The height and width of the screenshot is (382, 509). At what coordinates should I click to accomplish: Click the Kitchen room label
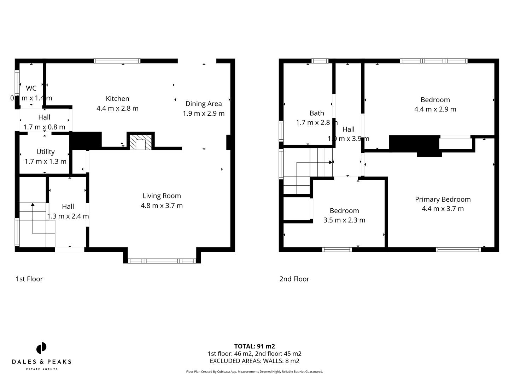(x=117, y=99)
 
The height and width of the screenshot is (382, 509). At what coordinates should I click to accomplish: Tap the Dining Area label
(x=204, y=104)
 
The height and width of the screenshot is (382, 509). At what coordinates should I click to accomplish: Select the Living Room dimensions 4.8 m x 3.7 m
(x=162, y=206)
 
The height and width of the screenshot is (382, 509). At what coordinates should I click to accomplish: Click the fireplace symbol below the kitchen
(x=141, y=142)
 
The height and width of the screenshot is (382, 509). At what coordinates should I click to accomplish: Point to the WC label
(x=31, y=88)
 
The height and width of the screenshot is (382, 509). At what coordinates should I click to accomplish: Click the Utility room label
(x=45, y=152)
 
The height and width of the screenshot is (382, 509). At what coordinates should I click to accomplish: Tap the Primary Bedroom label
(x=443, y=199)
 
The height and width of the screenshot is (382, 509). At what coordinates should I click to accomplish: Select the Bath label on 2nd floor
(x=317, y=113)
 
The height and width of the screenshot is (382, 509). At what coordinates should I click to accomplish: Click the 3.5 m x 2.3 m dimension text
(x=344, y=220)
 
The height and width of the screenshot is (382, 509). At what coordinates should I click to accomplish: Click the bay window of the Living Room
(x=162, y=261)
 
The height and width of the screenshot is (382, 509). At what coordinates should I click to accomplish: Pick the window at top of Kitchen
(x=117, y=61)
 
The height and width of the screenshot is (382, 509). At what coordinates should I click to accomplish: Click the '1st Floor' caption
(x=29, y=279)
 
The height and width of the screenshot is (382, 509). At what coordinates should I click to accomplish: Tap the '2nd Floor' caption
(x=294, y=279)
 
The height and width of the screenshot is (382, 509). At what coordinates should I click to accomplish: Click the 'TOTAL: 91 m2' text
(x=255, y=346)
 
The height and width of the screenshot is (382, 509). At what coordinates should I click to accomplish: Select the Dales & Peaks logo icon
(x=41, y=348)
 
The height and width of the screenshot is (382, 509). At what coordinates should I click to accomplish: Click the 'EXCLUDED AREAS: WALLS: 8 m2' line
(x=255, y=361)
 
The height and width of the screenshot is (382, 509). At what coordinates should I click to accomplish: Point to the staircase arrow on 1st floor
(x=33, y=205)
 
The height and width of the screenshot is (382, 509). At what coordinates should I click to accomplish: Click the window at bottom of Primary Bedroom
(x=458, y=250)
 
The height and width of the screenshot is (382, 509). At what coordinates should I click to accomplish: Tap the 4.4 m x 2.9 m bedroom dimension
(x=435, y=109)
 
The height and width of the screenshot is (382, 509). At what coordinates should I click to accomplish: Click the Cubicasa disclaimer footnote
(x=255, y=371)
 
